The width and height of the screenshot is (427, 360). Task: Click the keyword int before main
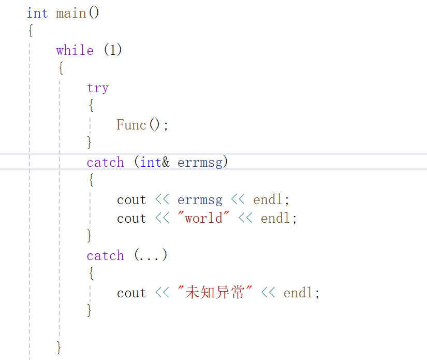37,13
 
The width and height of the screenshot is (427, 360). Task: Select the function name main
71,13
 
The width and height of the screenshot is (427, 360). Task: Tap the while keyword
75,50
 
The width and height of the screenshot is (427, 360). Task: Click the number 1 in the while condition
113,50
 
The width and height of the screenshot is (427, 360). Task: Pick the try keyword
98,88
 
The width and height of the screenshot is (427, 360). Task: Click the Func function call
131,125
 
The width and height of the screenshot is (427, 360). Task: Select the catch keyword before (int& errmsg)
106,162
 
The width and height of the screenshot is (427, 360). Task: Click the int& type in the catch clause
155,162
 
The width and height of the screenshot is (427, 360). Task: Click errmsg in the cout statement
200,199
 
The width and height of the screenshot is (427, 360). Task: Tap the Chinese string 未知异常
214,293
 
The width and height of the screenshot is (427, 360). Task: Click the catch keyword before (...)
106,255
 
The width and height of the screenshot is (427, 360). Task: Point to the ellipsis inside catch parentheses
151,256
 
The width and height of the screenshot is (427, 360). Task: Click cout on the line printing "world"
131,218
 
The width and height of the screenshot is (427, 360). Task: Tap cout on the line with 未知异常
131,293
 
